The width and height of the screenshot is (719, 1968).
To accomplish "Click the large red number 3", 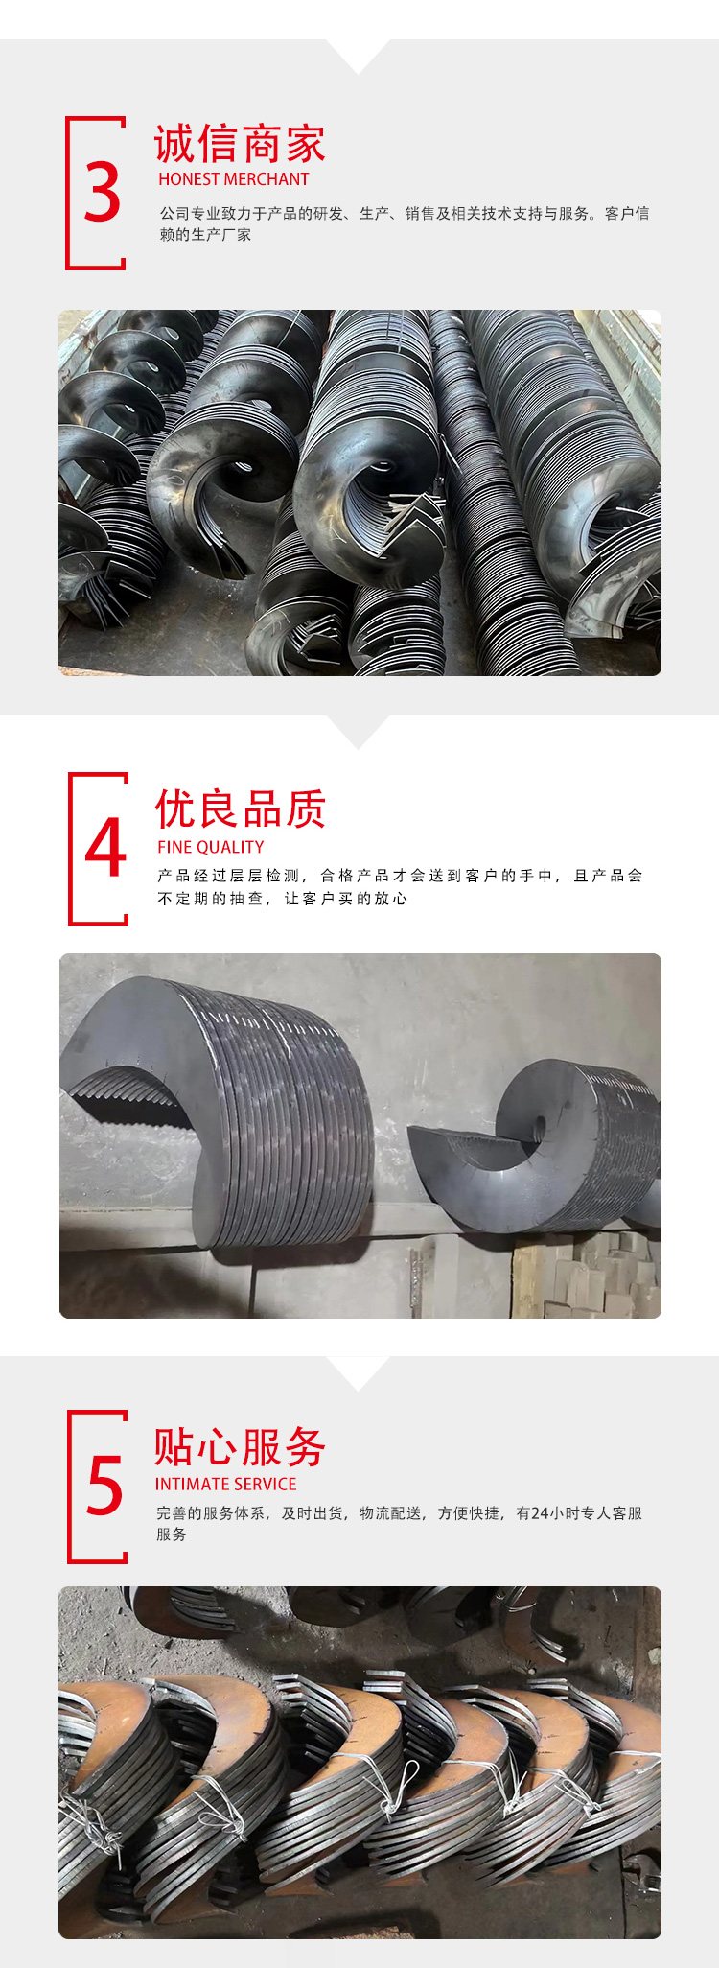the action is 103,193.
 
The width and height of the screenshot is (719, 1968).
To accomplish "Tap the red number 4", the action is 105,848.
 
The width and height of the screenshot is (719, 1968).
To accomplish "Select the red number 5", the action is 104,1486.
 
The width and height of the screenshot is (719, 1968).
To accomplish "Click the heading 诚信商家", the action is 240,144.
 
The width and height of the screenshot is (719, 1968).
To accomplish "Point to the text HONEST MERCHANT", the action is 234,179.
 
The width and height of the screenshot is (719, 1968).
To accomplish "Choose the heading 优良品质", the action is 241,809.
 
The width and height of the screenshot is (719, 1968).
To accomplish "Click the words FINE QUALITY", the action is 211,847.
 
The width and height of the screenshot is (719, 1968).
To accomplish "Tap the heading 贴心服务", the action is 241,1446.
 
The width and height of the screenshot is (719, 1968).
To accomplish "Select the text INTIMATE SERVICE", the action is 226,1484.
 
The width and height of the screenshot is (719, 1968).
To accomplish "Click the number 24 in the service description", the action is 540,1512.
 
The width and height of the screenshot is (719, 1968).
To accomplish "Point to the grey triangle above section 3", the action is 359,57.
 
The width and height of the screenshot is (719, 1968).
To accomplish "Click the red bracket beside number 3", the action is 68,193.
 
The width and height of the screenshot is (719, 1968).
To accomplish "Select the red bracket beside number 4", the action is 71,849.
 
